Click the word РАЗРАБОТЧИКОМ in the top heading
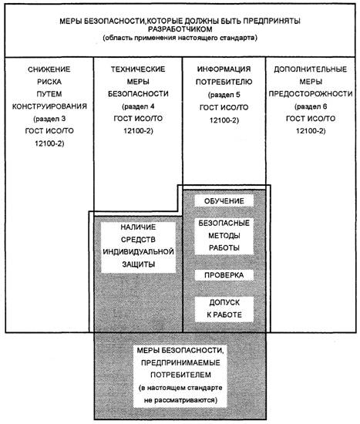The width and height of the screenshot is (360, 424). pos(180,29)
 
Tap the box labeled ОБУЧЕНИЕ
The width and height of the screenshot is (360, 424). pos(224,200)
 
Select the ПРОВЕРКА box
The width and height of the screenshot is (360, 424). pos(224,275)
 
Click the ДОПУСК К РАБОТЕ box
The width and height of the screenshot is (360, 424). pos(224,309)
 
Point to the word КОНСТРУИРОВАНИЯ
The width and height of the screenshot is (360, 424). pos(49,106)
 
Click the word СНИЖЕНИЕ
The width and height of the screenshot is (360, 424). pos(49,69)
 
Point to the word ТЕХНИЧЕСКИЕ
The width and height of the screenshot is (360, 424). pos(138,69)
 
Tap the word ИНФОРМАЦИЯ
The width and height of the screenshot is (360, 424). pos(224,69)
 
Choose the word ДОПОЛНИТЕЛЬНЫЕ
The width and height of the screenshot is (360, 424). pos(311,69)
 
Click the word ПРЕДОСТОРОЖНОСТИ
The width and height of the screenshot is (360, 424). pos(311,94)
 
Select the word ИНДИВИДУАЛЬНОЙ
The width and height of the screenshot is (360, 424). pos(138,252)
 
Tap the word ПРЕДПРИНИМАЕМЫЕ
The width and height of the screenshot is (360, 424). pos(180,362)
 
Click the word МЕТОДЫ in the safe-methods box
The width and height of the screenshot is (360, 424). pos(224,236)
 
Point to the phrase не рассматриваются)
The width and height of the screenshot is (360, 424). pos(180,400)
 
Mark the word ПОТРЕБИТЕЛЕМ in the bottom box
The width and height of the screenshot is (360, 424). pos(180,375)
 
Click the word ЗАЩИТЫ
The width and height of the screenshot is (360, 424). pos(139,264)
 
